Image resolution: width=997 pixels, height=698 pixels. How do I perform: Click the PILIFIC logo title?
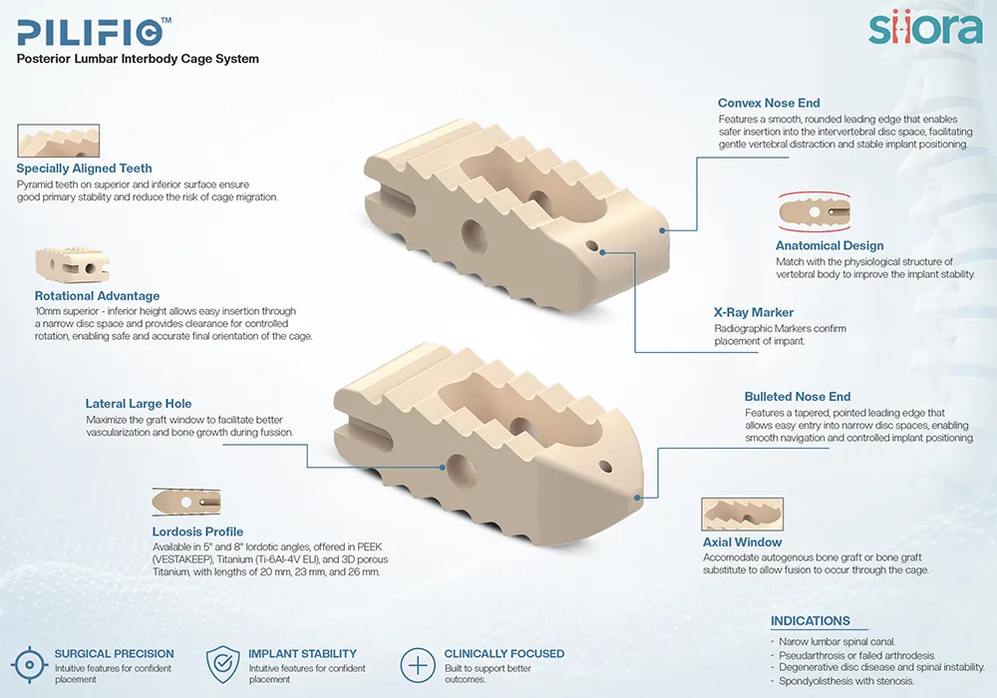pyautogui.click(x=94, y=32)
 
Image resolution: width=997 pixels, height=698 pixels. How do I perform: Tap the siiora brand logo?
pyautogui.click(x=925, y=29)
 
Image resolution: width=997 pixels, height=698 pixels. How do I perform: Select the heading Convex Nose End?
pyautogui.click(x=769, y=103)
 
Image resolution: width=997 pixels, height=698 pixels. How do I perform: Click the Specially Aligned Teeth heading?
pyautogui.click(x=84, y=169)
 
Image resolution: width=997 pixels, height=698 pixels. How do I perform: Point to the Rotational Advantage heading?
pyautogui.click(x=98, y=295)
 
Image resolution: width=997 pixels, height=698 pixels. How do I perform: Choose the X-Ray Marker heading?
pyautogui.click(x=754, y=312)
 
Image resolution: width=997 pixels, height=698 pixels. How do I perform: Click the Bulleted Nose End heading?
pyautogui.click(x=798, y=397)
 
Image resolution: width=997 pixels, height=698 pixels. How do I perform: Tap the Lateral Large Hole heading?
pyautogui.click(x=139, y=404)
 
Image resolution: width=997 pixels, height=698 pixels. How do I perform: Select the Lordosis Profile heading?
pyautogui.click(x=197, y=531)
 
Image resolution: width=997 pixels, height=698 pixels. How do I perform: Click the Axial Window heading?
pyautogui.click(x=742, y=542)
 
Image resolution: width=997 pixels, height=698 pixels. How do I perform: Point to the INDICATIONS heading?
pyautogui.click(x=810, y=621)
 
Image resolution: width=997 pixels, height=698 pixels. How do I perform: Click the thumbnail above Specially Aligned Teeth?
pyautogui.click(x=59, y=141)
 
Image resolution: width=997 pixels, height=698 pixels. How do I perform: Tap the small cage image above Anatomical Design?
pyautogui.click(x=815, y=211)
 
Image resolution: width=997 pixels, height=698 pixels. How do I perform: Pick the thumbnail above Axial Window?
pyautogui.click(x=742, y=514)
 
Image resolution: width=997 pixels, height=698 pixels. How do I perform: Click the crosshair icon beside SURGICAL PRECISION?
pyautogui.click(x=29, y=665)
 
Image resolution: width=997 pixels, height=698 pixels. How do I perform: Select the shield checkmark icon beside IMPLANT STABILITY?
pyautogui.click(x=222, y=665)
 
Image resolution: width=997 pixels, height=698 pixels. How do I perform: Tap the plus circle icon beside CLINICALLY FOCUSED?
pyautogui.click(x=417, y=665)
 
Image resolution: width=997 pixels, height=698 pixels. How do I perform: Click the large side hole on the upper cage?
pyautogui.click(x=474, y=236)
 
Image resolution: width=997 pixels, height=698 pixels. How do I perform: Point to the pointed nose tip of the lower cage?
pyautogui.click(x=638, y=498)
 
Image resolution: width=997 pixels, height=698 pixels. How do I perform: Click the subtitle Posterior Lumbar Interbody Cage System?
pyautogui.click(x=138, y=59)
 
